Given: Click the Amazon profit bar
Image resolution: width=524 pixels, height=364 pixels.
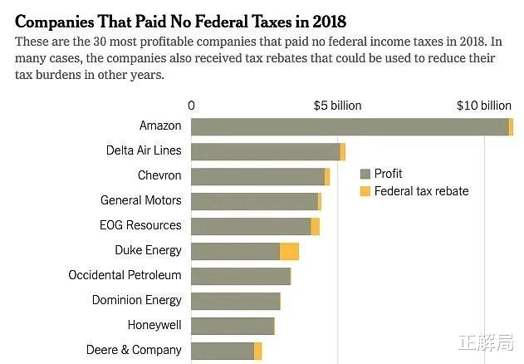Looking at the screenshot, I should [x=349, y=126].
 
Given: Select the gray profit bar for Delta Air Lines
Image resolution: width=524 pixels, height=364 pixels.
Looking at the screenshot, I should [x=266, y=151].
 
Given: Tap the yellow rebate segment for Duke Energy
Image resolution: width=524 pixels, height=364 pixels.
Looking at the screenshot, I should [x=289, y=251].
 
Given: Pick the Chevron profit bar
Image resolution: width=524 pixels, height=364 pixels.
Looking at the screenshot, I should [x=257, y=176].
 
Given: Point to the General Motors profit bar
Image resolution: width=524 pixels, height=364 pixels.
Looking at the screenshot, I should [x=254, y=201].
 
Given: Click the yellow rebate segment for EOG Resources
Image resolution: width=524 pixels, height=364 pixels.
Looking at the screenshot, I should [x=315, y=226].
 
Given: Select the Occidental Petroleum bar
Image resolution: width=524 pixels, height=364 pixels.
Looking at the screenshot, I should [x=241, y=276].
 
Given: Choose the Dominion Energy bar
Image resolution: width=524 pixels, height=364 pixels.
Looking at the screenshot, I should [x=236, y=301].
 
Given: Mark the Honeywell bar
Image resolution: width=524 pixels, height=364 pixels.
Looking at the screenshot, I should [x=233, y=326].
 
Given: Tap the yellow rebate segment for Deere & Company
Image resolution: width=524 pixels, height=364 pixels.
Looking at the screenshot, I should [x=258, y=351].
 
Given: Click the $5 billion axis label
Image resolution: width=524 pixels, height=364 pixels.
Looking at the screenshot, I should [x=337, y=106].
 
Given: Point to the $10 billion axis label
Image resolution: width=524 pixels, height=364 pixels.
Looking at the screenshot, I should [x=484, y=106].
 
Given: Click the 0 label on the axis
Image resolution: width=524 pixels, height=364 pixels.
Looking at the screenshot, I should [x=192, y=106].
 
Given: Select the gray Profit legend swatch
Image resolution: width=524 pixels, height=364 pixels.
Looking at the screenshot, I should [x=365, y=175].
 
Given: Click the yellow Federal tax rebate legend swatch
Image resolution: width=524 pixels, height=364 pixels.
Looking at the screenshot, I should [x=365, y=192].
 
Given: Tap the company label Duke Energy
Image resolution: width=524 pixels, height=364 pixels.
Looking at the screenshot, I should [x=148, y=250].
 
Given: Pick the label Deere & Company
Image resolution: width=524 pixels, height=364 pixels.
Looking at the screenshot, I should [x=134, y=350].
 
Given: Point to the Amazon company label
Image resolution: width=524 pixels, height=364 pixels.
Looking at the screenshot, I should [x=160, y=125].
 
